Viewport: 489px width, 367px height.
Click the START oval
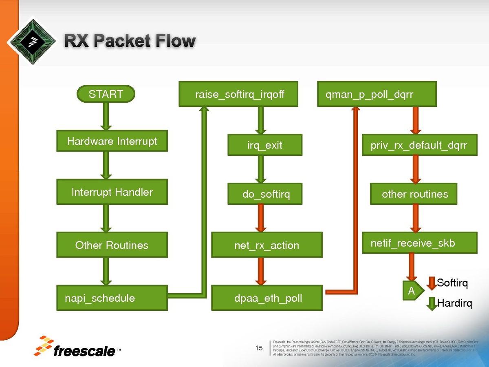[106, 94]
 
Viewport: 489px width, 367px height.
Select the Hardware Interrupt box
[112, 141]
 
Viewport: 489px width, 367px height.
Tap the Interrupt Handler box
[112, 192]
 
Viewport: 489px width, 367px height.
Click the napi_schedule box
[112, 298]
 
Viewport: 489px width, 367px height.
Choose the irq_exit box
[265, 145]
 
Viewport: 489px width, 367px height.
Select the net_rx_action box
[267, 245]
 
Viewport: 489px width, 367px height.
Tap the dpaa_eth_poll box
[267, 298]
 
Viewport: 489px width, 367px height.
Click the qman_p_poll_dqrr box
[377, 94]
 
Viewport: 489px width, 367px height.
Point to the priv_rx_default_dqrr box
[419, 145]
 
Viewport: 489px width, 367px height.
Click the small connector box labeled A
[411, 290]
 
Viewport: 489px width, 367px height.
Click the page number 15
[259, 348]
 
